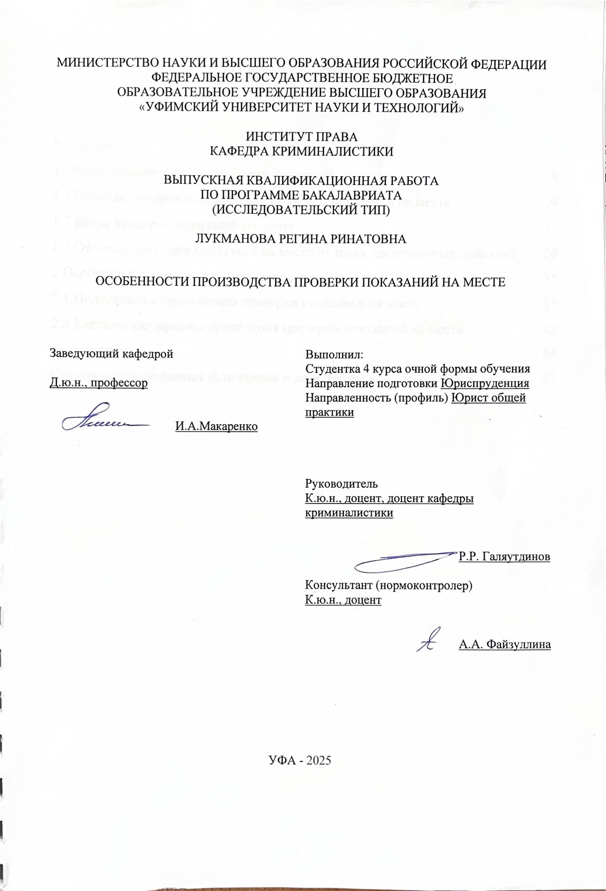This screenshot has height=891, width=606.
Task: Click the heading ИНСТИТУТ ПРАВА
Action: point(301,137)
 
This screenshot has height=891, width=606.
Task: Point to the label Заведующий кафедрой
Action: point(112,353)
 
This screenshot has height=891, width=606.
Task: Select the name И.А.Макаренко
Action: point(216,426)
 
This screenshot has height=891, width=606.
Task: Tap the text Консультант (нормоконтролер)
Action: point(388,585)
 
